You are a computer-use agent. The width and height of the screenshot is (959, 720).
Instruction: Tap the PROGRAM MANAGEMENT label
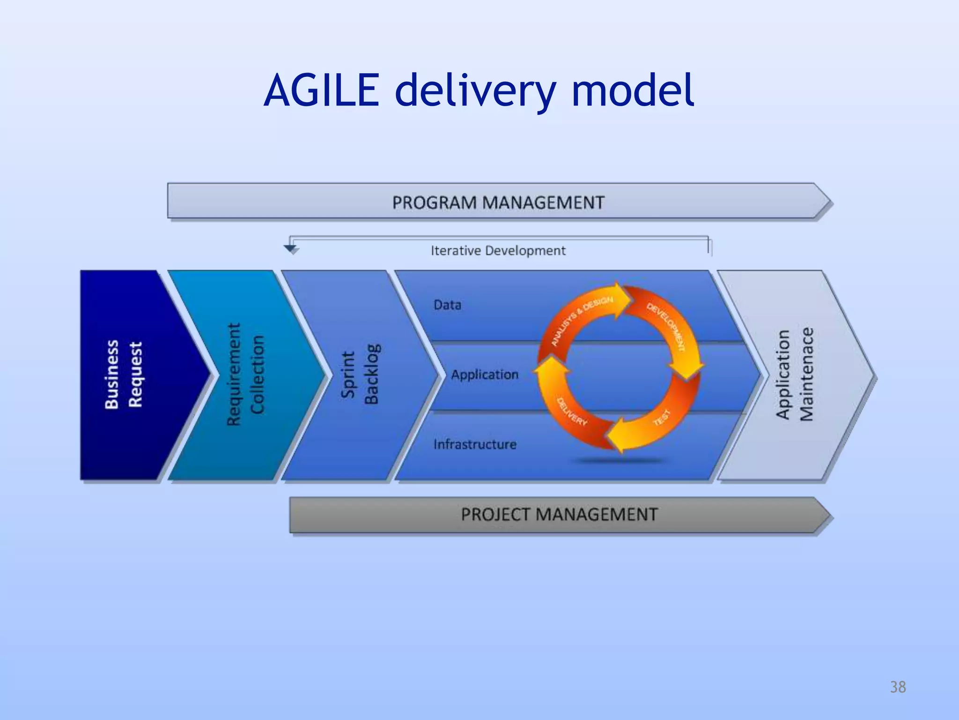pyautogui.click(x=498, y=202)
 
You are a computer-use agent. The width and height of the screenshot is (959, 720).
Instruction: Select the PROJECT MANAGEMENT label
pyautogui.click(x=559, y=515)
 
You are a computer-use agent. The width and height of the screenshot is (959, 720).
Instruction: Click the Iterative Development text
pyautogui.click(x=498, y=251)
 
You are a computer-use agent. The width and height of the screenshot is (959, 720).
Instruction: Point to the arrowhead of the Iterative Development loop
pyautogui.click(x=291, y=249)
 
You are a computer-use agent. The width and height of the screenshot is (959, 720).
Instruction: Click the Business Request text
pyautogui.click(x=123, y=375)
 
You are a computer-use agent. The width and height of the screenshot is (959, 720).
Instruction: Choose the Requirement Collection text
pyautogui.click(x=245, y=375)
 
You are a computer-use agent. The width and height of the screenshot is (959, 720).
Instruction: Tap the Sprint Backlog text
pyautogui.click(x=360, y=375)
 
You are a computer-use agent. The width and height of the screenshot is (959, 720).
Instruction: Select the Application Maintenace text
pyautogui.click(x=795, y=375)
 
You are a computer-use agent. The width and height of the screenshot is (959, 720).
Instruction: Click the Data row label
pyautogui.click(x=447, y=305)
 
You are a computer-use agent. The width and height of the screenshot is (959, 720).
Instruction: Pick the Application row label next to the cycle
pyautogui.click(x=485, y=375)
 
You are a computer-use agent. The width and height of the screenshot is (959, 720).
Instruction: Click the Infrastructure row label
pyautogui.click(x=475, y=444)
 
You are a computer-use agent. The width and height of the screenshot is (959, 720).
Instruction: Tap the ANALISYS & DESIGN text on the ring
pyautogui.click(x=581, y=321)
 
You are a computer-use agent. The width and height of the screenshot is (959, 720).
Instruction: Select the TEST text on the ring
pyautogui.click(x=662, y=418)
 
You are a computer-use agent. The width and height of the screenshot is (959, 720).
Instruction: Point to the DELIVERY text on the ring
pyautogui.click(x=571, y=412)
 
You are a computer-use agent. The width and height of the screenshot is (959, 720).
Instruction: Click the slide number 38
pyautogui.click(x=898, y=687)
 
